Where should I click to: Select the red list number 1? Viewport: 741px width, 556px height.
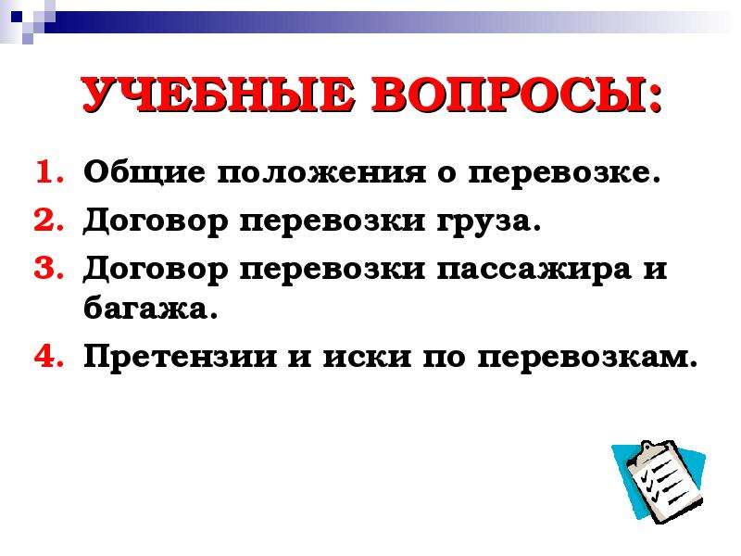[x=49, y=171]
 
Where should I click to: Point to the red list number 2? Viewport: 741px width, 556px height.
[x=49, y=220]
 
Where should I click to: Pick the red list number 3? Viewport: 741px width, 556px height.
[x=49, y=268]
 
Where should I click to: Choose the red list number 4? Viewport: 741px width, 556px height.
[x=49, y=356]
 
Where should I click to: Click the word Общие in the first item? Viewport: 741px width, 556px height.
[x=144, y=171]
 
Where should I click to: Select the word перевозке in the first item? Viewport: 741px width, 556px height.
[x=563, y=174]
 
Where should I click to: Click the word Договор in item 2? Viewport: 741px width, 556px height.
[x=156, y=221]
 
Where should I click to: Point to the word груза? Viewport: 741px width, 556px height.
[x=488, y=222]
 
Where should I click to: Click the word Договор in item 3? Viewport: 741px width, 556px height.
[x=156, y=270]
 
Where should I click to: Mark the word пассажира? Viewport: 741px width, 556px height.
[x=534, y=271]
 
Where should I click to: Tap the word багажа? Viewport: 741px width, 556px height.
[x=150, y=309]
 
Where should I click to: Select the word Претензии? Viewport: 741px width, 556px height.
[x=180, y=357]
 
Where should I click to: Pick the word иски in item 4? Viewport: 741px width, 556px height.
[x=367, y=358]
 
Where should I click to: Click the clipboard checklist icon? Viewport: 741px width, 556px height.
[x=659, y=481]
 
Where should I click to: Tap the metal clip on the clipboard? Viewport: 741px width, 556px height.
[x=654, y=449]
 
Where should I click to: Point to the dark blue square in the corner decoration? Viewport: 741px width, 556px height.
[x=17, y=17]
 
